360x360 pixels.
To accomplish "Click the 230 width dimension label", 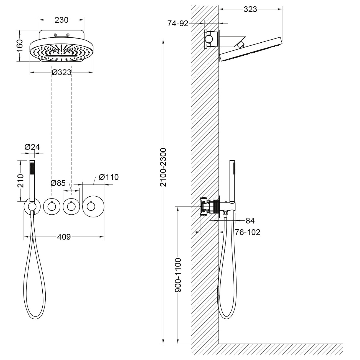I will pyautogui.click(x=61, y=20).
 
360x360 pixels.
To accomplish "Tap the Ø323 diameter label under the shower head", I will pyautogui.click(x=61, y=73).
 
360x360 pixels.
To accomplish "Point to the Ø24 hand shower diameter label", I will pyautogui.click(x=32, y=147).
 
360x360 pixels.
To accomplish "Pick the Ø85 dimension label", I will pyautogui.click(x=58, y=183).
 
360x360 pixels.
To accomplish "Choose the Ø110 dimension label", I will pyautogui.click(x=109, y=177).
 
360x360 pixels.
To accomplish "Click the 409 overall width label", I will pyautogui.click(x=64, y=237).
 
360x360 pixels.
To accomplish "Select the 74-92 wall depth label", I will pyautogui.click(x=178, y=24).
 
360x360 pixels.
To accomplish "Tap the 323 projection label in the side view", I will pyautogui.click(x=250, y=9).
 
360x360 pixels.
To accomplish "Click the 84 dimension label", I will pyautogui.click(x=250, y=221).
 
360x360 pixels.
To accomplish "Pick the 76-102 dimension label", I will pyautogui.click(x=248, y=232).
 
